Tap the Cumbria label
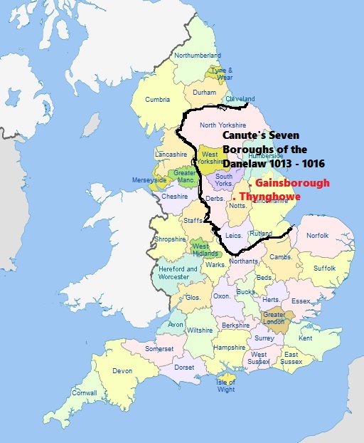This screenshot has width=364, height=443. [158, 100]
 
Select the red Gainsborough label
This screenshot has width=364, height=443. [292, 183]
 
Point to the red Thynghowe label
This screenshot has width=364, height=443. [270, 197]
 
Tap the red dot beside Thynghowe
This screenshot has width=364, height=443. [235, 197]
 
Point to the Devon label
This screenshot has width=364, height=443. [122, 371]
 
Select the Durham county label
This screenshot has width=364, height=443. [204, 93]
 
